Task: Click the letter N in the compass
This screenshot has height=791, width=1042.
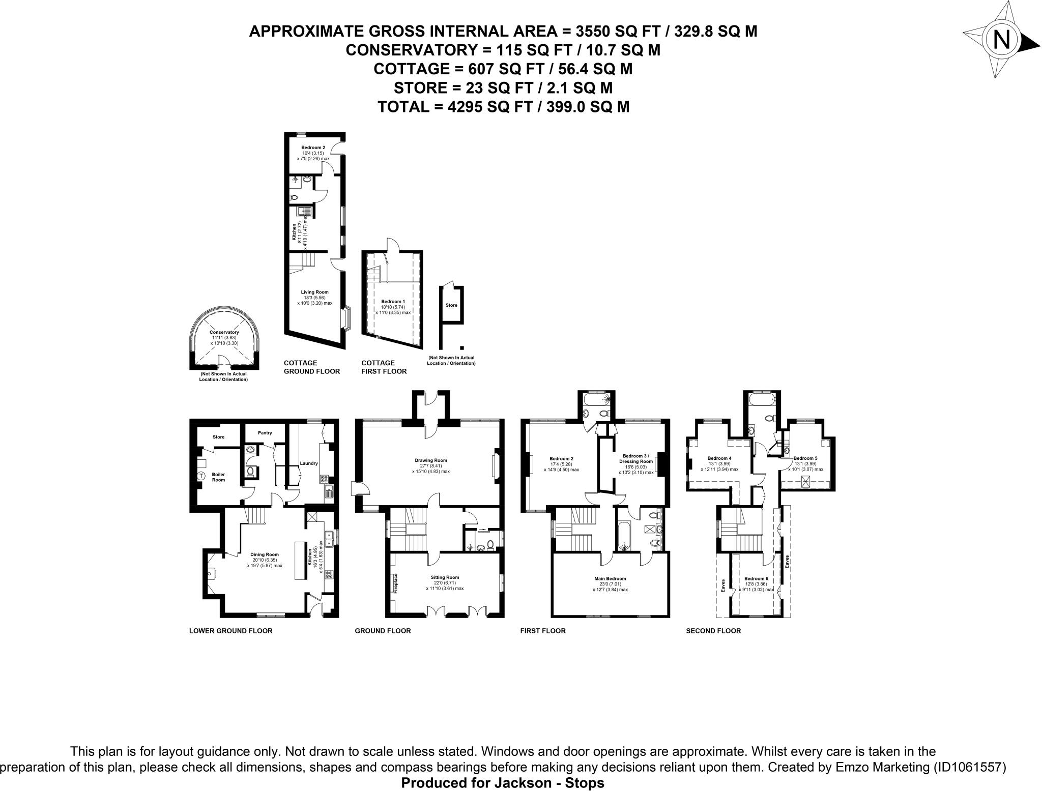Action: point(1002,40)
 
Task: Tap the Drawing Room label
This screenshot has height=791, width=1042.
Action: point(430,460)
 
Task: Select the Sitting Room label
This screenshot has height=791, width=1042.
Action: point(445,577)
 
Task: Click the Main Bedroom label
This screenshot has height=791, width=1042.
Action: point(610,578)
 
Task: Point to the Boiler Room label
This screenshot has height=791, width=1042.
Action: point(218,477)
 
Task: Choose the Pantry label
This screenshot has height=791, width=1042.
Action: point(265,433)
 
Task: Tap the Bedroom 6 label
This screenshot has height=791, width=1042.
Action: point(756,578)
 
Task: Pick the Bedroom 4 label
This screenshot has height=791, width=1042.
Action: point(719,457)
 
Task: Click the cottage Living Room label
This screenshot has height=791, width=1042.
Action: point(314,292)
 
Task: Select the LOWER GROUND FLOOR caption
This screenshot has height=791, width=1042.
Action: point(230,631)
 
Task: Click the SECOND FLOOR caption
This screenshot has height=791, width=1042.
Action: point(713,631)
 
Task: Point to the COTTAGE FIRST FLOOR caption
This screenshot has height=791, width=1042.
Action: point(384,367)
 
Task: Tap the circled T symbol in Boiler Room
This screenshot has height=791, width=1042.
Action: point(201,476)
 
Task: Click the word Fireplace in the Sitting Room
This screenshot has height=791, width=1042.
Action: point(395,583)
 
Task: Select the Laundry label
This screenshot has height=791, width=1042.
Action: point(309,463)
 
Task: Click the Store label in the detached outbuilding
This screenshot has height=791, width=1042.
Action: point(451,305)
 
